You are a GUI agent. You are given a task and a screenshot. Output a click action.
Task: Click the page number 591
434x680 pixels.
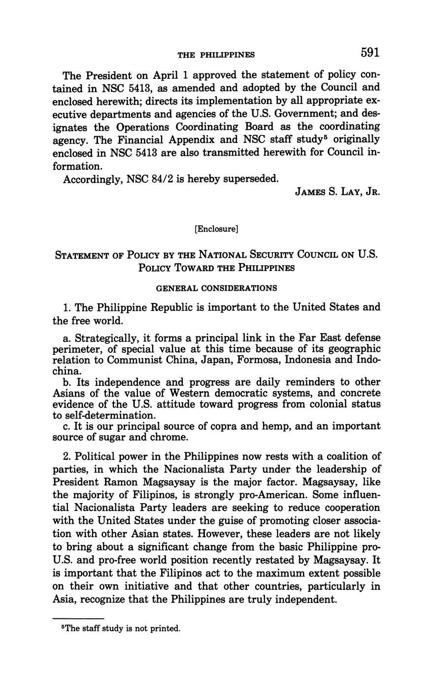pos(370,52)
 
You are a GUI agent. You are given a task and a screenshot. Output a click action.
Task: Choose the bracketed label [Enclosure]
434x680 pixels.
pos(217,229)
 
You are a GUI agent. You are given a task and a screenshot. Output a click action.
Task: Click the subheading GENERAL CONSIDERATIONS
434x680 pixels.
pos(216,288)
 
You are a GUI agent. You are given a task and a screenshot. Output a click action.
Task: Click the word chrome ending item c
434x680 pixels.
pos(170,437)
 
